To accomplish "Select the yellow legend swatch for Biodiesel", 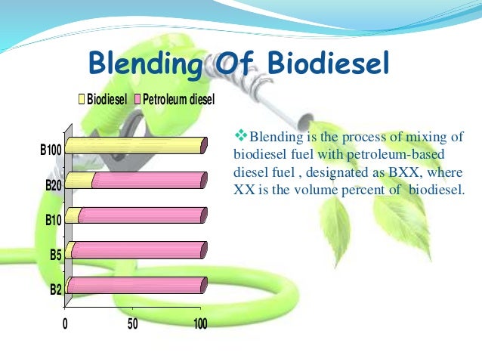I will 82,100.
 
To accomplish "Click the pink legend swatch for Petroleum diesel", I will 137,100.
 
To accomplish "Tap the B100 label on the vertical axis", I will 51,150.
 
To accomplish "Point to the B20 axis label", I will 54,185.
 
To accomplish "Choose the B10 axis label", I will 54,220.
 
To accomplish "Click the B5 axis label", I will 56,255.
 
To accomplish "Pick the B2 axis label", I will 56,289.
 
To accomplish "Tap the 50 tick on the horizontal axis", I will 133,324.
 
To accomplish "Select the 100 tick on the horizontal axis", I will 200,324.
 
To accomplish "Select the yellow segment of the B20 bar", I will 80,181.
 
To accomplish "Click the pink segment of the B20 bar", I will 148,181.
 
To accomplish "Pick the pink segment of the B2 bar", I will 136,285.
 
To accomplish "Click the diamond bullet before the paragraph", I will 242,136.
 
